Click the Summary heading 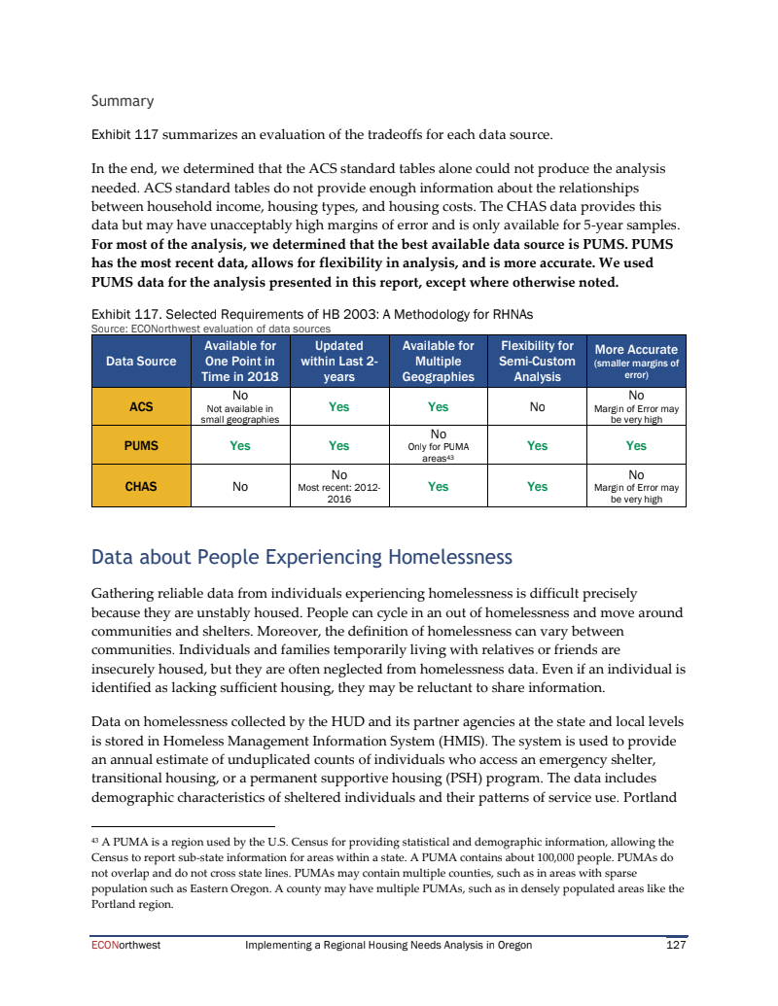coord(123,101)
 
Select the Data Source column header coord(141,362)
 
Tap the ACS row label coord(141,407)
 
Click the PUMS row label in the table coord(141,446)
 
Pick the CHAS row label coord(141,486)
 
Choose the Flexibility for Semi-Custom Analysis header coord(537,361)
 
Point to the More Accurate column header coord(636,361)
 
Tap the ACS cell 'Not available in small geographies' coord(239,415)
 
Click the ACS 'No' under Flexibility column coord(537,407)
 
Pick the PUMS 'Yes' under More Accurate coord(636,446)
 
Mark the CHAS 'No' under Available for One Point coord(239,486)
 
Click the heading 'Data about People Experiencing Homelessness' coord(301,558)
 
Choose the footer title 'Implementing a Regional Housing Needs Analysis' coord(389,945)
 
